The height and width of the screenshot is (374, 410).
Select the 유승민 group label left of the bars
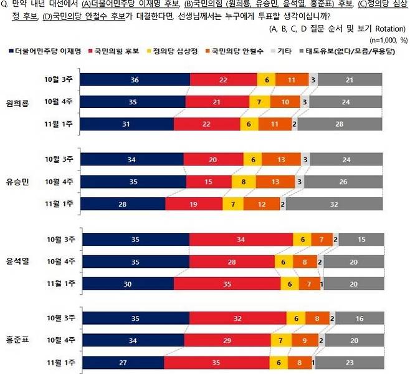19,182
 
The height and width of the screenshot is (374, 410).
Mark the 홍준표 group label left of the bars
19,340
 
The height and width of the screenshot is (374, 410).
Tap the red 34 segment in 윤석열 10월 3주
241,240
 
